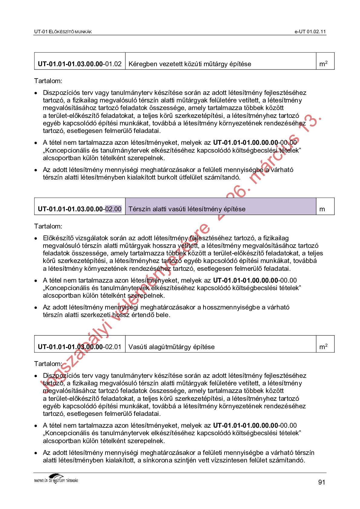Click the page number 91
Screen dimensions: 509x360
tap(322, 482)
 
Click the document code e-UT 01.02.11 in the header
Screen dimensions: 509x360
tap(310, 32)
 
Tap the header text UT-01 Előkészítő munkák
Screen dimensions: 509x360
tap(63, 32)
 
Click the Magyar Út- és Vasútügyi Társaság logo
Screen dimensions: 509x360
tap(56, 479)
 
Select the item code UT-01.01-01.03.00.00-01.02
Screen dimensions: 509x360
tap(80, 64)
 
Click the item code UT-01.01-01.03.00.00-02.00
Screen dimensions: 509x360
tap(80, 209)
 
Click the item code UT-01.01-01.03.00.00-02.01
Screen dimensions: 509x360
tap(80, 347)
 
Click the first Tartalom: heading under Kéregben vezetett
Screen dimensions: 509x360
tap(48, 81)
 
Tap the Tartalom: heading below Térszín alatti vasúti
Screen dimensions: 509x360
tap(48, 226)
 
